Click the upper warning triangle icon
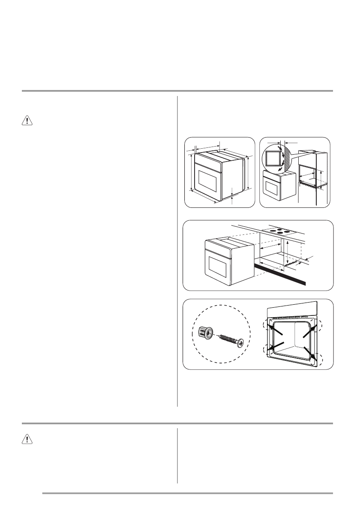tap(27, 121)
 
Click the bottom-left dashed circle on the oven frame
tap(268, 349)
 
